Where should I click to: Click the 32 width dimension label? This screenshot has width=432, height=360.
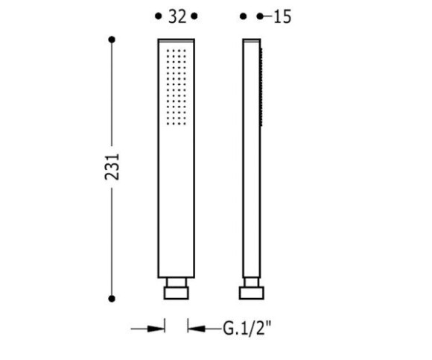pyautogui.click(x=177, y=16)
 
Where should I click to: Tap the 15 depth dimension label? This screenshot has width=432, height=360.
pyautogui.click(x=282, y=17)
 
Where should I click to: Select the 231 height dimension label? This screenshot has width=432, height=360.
pyautogui.click(x=112, y=167)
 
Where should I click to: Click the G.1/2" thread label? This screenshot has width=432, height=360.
pyautogui.click(x=247, y=328)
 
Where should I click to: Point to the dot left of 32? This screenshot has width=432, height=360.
pyautogui.click(x=158, y=16)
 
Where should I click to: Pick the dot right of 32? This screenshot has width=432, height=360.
pyautogui.click(x=194, y=16)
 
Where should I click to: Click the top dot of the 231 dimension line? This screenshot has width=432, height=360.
pyautogui.click(x=112, y=40)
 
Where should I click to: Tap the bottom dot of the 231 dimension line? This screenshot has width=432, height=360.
pyautogui.click(x=112, y=299)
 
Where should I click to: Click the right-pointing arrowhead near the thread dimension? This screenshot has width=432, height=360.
pyautogui.click(x=156, y=329)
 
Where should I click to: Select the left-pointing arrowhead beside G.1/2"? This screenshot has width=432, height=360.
pyautogui.click(x=197, y=329)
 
